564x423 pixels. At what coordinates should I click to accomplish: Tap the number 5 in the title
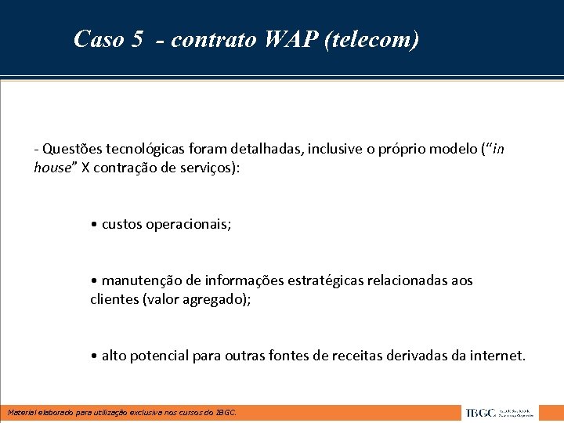coord(137,39)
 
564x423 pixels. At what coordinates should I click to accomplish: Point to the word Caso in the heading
coord(97,39)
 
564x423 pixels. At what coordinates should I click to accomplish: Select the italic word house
coord(52,167)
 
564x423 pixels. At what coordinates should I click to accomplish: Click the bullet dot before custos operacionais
coord(94,224)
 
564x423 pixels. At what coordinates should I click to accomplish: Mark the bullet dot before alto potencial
coord(94,356)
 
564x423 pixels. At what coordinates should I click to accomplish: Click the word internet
coord(497,356)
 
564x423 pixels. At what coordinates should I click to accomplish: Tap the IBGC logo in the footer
coord(498,413)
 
